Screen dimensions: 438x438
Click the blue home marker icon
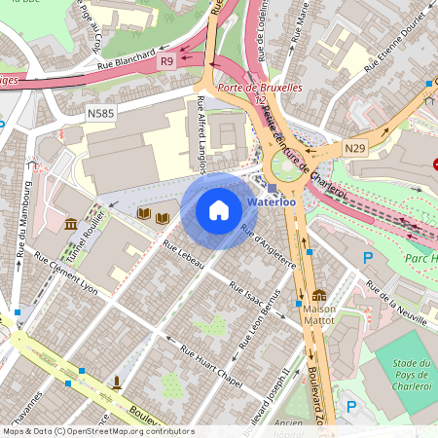[219, 210]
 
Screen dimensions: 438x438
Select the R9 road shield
[166, 61]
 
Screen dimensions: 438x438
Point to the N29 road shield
[355, 148]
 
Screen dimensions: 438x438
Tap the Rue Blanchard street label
[126, 61]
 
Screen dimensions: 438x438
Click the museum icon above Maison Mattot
[318, 296]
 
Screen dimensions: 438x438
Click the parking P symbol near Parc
[367, 258]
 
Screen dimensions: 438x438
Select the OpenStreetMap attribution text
[97, 430]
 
